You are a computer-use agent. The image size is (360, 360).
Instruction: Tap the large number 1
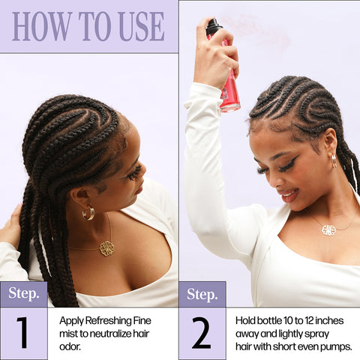click(23, 333)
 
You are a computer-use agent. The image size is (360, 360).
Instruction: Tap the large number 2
click(202, 333)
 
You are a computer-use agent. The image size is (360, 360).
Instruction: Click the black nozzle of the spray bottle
click(214, 28)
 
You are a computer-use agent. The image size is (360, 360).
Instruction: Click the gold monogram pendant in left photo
click(106, 247)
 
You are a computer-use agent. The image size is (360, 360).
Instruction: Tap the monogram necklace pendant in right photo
click(328, 229)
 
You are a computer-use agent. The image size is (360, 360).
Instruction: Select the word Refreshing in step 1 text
click(109, 319)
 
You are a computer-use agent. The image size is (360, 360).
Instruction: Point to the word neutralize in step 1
click(109, 331)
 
